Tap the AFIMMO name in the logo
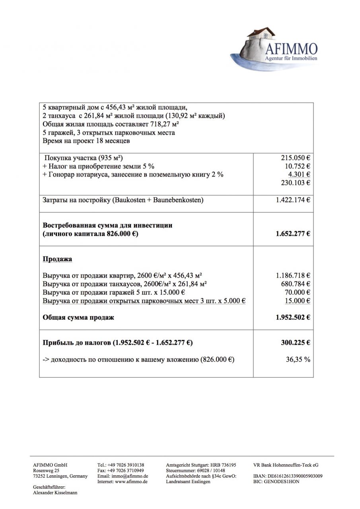(x=291, y=49)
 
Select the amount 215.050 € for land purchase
(x=296, y=157)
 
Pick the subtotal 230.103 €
(x=296, y=183)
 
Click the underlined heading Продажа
(x=58, y=259)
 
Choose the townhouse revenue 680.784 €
(x=296, y=284)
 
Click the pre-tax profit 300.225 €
(x=296, y=342)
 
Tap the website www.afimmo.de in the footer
(x=131, y=482)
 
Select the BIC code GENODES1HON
(x=282, y=482)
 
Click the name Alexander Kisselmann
(x=55, y=493)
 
